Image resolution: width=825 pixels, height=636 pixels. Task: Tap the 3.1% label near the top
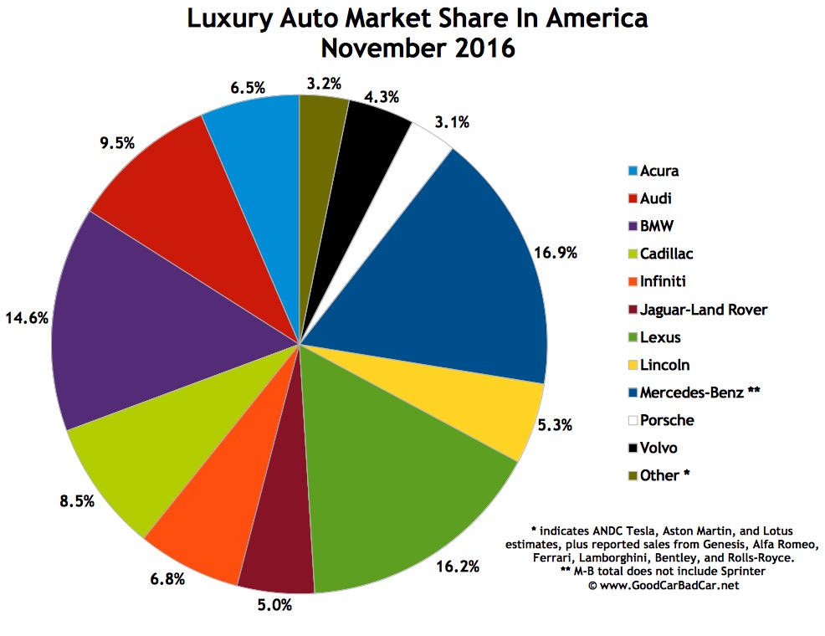[451, 123]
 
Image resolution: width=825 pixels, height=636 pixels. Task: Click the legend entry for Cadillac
[666, 254]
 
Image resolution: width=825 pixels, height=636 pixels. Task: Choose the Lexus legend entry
[660, 337]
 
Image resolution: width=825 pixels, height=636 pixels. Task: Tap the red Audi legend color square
[633, 199]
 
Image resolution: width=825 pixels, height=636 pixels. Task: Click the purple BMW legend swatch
[633, 227]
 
